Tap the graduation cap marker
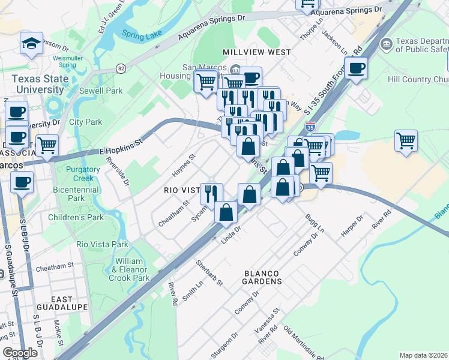point(31,43)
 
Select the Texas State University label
point(37,84)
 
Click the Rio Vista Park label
point(103,244)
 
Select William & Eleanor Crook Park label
point(133,269)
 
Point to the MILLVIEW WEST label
point(256,52)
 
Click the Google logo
point(20,353)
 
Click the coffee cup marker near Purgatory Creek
point(22,182)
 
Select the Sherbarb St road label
point(209,272)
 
